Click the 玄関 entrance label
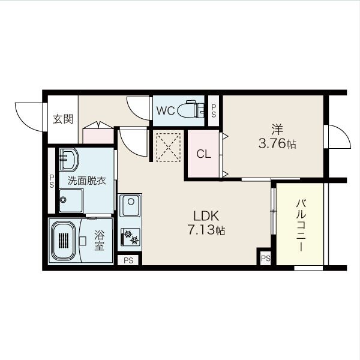coord(63,119)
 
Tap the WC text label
coord(166,111)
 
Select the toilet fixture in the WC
coord(190,109)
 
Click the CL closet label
coord(203,154)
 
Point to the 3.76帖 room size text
coord(277,144)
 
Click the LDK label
coord(206,216)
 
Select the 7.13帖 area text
coord(206,230)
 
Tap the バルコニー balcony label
coord(301,225)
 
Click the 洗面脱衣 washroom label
coord(86,181)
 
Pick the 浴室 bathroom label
coord(100,241)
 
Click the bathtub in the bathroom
coord(64,241)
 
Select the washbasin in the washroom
coord(69,160)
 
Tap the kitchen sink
coord(130,205)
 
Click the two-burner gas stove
coord(130,237)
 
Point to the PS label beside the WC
coord(214,111)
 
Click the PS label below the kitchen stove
coord(128,260)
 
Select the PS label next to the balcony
coord(266,258)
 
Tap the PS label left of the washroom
coord(52,181)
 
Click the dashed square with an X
coord(169,146)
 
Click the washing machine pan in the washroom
coord(71,200)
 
